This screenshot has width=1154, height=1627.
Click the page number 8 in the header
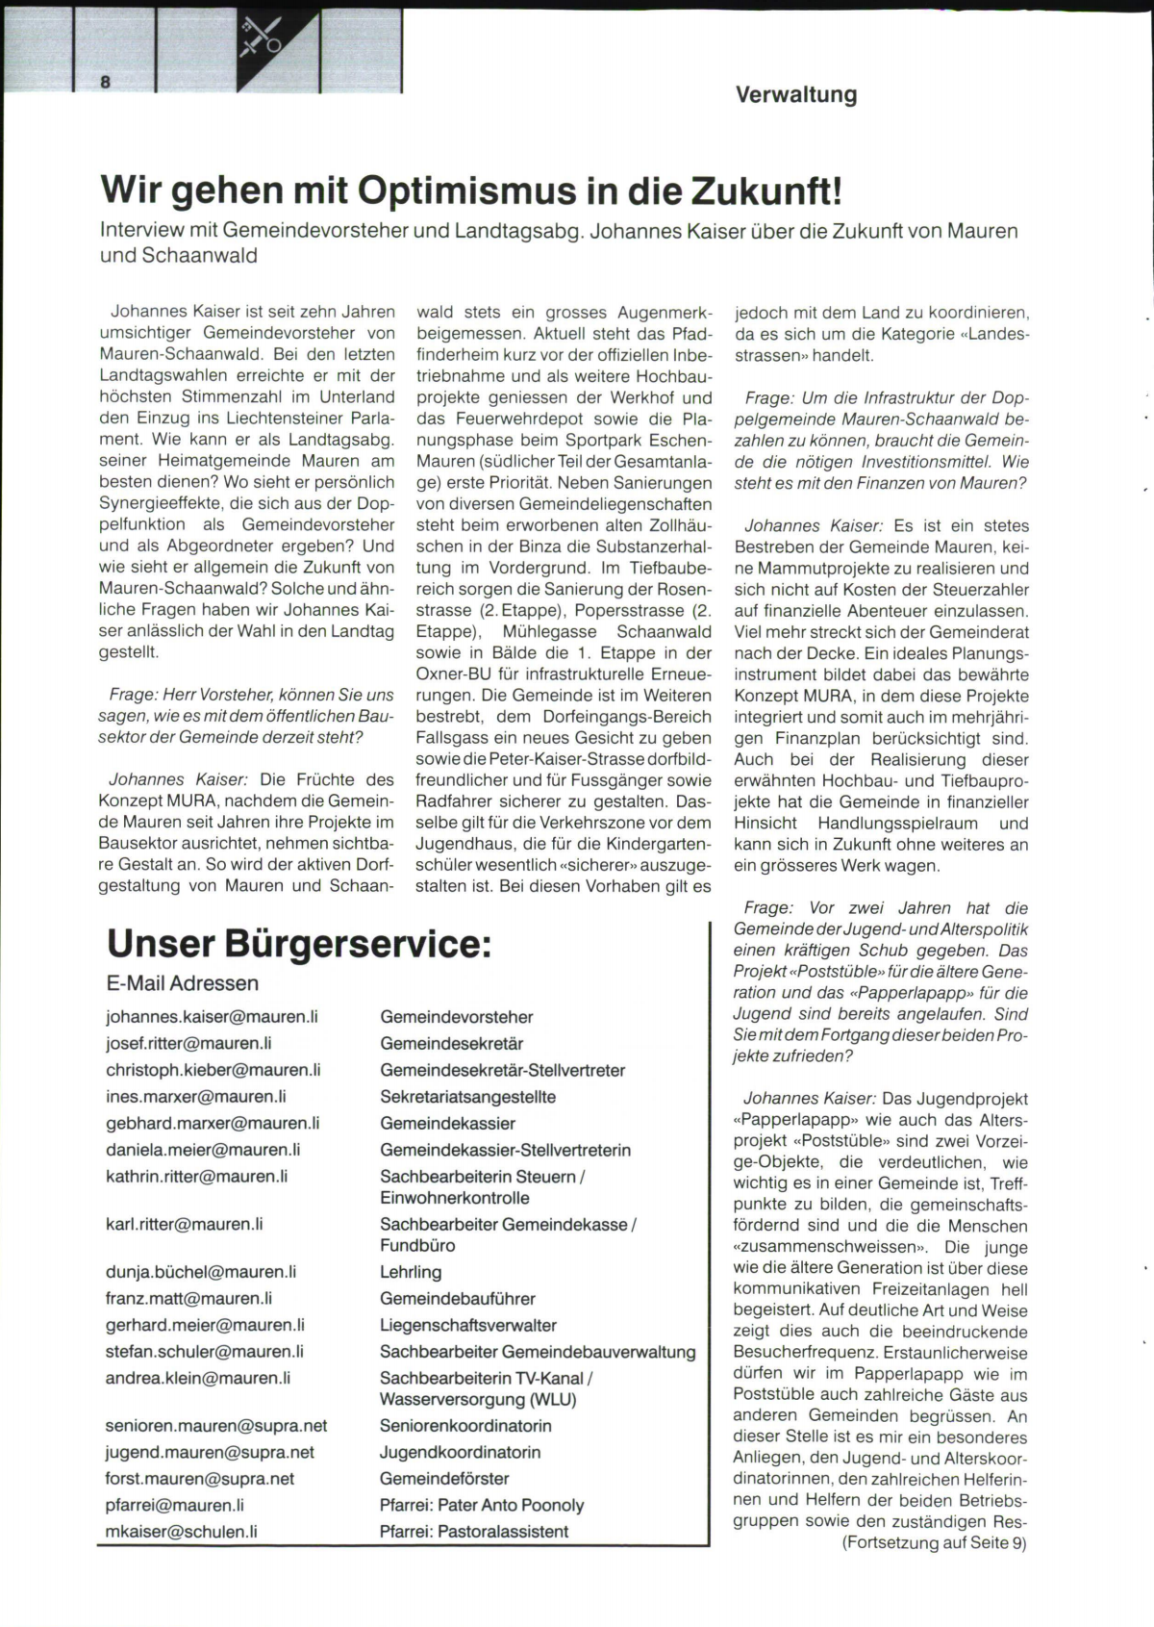105,82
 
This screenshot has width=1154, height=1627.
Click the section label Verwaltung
795,94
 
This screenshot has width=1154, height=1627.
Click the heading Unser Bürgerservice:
299,943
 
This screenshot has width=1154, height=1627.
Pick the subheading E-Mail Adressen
183,983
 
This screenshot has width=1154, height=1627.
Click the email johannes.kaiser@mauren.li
212,1017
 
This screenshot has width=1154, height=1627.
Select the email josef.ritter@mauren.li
188,1043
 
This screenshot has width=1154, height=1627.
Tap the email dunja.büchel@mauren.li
201,1272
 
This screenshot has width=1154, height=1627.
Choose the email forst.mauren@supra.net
200,1479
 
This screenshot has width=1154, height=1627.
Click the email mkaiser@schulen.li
182,1532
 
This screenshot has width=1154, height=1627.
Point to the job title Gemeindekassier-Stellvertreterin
505,1150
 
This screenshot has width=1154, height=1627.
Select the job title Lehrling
411,1272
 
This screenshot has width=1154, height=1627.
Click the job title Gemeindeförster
444,1479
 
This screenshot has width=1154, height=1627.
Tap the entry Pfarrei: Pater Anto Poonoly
482,1505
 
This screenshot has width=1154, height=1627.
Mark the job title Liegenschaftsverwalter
468,1325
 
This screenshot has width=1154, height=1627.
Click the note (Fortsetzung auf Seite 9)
935,1543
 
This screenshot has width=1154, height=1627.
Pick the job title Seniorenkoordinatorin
465,1426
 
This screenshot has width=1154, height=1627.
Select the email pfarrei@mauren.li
175,1505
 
